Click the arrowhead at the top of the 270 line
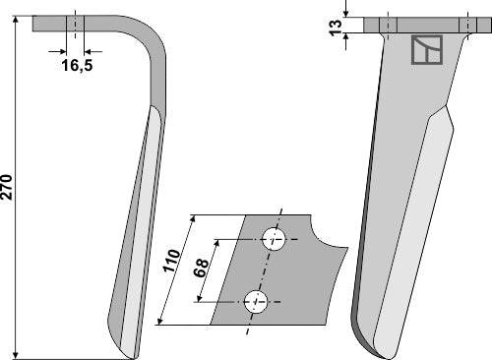[x=19, y=22]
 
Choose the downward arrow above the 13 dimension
[x=346, y=13]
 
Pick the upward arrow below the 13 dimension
[x=346, y=36]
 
